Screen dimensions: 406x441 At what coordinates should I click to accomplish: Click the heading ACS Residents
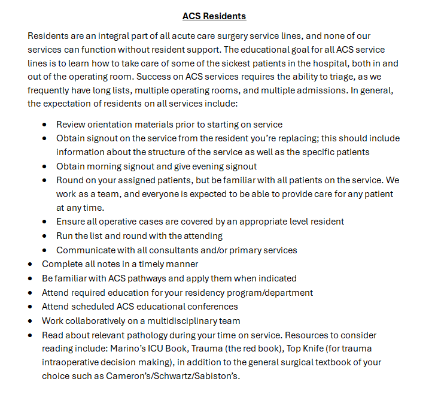214,16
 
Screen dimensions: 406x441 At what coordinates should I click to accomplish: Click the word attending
201,235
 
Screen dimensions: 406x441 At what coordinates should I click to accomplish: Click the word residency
203,292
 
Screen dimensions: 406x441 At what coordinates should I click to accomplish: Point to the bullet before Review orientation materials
45,125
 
